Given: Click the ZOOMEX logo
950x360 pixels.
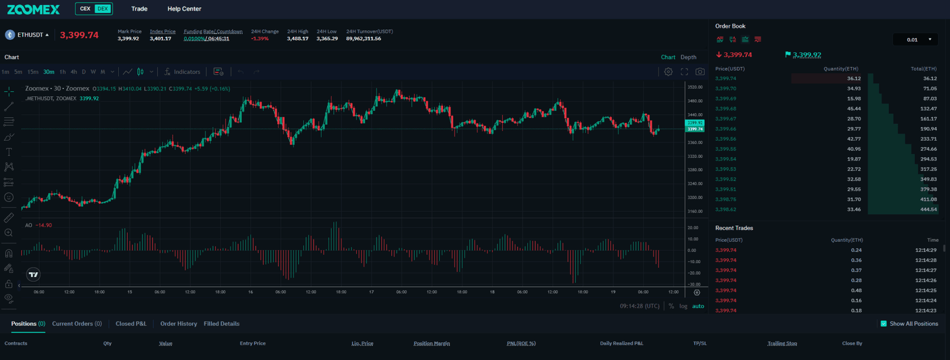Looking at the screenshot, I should [x=33, y=9].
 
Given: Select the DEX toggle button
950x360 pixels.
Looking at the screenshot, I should [x=103, y=9].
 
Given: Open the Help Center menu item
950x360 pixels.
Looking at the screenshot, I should [x=184, y=9].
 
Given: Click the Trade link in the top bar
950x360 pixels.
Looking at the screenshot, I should [x=139, y=9].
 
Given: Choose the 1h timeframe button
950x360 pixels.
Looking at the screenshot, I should [x=62, y=72].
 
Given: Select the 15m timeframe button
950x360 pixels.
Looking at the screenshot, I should [x=33, y=72].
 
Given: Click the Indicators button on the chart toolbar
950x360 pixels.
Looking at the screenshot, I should [x=182, y=72].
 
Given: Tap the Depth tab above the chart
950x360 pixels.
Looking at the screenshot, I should [x=688, y=57].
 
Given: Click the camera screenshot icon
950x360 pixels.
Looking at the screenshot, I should [x=700, y=72].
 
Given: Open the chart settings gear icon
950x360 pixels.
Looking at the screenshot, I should [x=669, y=72].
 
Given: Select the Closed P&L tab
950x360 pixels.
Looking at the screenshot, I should [x=131, y=324].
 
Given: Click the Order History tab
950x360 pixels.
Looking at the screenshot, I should [x=178, y=324].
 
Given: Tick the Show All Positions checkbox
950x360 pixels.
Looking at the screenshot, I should [x=883, y=324].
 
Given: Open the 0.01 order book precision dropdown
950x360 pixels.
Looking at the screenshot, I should [x=916, y=40].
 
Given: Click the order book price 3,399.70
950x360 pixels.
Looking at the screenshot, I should [x=726, y=89].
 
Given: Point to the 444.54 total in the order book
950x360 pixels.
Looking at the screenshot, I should [x=928, y=210].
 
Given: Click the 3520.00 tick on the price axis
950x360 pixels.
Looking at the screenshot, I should [x=695, y=87].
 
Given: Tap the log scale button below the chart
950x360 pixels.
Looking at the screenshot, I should [x=683, y=307].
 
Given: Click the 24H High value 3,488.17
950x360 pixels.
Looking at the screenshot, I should [x=297, y=39].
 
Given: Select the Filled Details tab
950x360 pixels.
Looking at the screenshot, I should [x=221, y=324].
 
